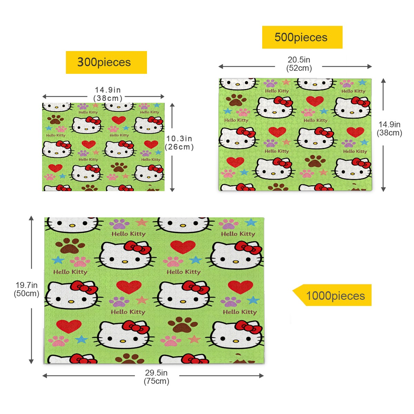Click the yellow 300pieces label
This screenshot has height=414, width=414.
click(106, 62)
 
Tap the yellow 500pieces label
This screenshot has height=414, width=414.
click(302, 37)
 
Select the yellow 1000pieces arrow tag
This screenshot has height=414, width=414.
click(332, 295)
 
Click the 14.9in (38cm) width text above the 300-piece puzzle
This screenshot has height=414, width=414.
click(108, 94)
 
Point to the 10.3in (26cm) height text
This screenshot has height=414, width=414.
click(179, 142)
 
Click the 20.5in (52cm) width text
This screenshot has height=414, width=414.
click(299, 64)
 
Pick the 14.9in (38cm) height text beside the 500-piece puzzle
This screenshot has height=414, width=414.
click(389, 128)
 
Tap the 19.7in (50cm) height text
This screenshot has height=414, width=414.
click(27, 289)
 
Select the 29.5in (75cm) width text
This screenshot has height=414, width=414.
click(156, 377)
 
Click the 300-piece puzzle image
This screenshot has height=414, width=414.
click(103, 147)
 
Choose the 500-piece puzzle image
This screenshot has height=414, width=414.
click(295, 135)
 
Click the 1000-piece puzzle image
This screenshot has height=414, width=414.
click(154, 291)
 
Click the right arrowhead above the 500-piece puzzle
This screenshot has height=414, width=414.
click(370, 67)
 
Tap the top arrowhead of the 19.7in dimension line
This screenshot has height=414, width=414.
click(31, 218)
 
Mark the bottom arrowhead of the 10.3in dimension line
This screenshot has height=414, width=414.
click(172, 189)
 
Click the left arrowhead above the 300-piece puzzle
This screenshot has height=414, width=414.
click(45, 97)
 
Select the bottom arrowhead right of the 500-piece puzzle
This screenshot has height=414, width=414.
click(384, 189)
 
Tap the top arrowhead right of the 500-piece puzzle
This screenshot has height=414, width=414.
click(384, 81)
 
